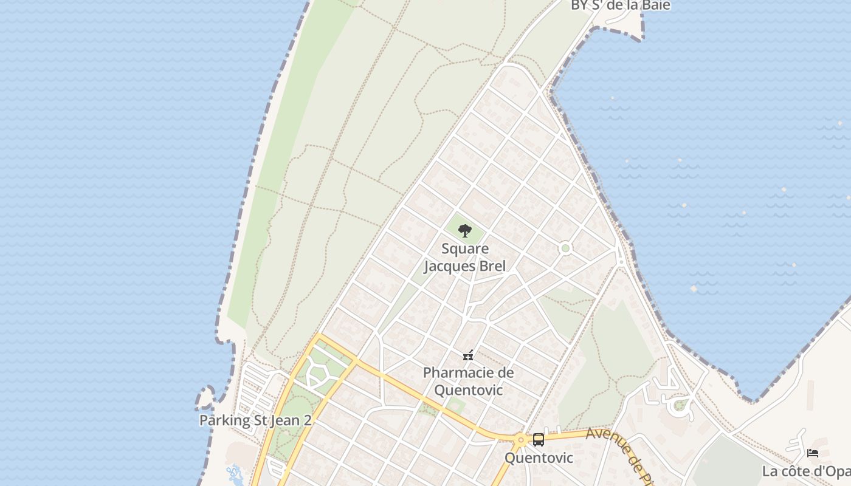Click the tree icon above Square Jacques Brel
click(x=465, y=231)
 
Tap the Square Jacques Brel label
click(x=465, y=257)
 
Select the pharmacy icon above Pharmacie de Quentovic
click(x=468, y=355)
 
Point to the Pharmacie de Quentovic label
click(x=468, y=381)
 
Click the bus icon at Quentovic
click(x=539, y=439)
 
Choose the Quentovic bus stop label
click(x=539, y=457)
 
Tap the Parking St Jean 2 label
click(x=255, y=420)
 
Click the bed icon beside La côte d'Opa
click(x=813, y=453)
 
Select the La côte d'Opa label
click(x=806, y=471)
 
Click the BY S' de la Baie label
click(x=620, y=5)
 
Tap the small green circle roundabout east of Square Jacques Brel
click(x=566, y=248)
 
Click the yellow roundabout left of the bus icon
click(x=520, y=439)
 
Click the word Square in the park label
click(x=465, y=248)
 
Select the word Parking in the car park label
click(x=224, y=420)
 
